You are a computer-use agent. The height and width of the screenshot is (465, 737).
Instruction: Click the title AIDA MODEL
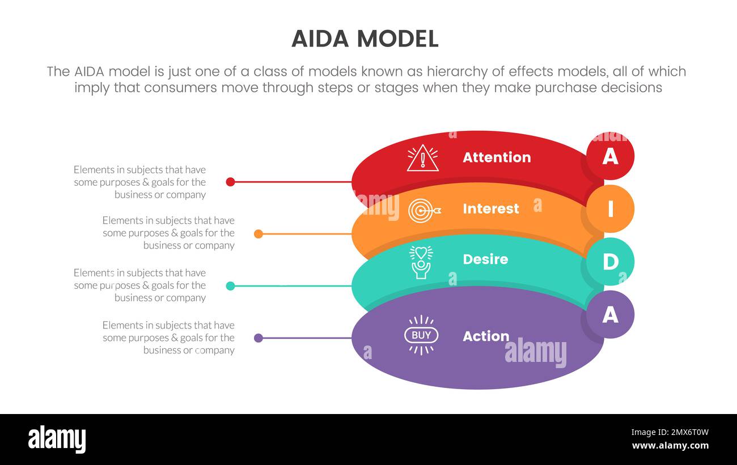coord(365,39)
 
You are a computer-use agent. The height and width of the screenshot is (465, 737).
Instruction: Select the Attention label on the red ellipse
coord(497,157)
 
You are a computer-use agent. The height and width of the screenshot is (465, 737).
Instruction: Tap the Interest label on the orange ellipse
coord(490,208)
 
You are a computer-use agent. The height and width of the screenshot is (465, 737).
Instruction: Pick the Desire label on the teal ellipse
coord(485,259)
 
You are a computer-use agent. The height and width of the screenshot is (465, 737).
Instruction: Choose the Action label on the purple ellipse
coord(486,336)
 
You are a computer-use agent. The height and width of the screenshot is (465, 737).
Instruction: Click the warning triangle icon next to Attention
coord(422,159)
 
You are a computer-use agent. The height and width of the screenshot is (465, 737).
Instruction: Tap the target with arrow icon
coord(423,210)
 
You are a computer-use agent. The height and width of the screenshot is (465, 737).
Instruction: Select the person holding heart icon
coord(421,262)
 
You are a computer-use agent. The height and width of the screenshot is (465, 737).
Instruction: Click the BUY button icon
coord(421,335)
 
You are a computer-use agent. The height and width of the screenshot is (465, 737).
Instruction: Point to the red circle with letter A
coord(610,156)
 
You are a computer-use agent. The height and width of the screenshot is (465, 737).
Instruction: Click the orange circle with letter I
coord(610,209)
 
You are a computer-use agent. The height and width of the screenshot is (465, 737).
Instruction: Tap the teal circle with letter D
coord(610,262)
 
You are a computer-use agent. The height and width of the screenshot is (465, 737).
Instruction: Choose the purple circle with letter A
coord(610,314)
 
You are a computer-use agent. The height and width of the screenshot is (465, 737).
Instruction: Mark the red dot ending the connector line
coord(230,182)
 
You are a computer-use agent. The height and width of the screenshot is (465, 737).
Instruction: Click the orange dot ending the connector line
coord(259,233)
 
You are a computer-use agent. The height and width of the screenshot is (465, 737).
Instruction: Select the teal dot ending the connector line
coord(230,286)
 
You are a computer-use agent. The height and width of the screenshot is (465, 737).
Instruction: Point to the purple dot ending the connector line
coord(259,338)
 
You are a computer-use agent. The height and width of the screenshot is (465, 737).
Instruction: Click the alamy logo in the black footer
coord(57,440)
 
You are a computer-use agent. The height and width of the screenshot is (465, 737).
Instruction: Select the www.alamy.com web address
coord(670,446)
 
